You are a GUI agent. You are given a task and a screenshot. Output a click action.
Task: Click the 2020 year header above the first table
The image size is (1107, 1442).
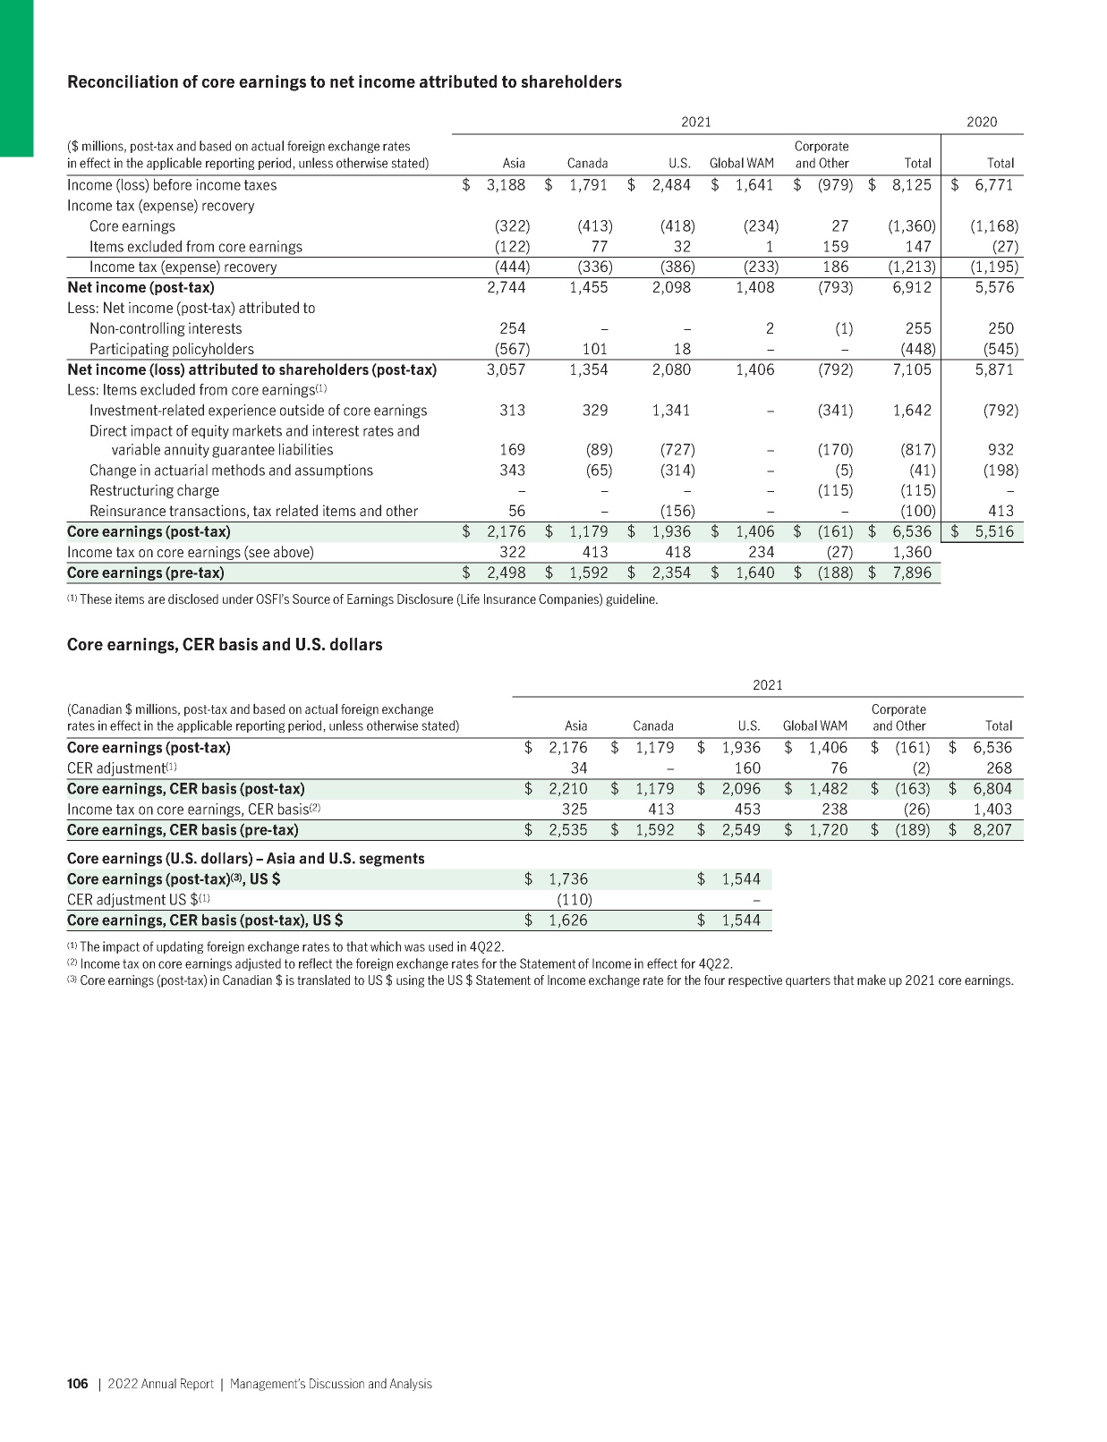[x=982, y=122]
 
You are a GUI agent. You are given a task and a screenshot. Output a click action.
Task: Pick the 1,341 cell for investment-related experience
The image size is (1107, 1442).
[x=671, y=411]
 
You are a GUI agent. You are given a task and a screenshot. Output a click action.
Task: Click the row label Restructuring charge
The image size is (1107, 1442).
[x=154, y=490]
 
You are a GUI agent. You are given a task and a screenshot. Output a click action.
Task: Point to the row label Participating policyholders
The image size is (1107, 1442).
[x=171, y=349]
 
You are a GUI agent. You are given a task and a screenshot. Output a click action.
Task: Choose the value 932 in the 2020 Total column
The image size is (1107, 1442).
[x=1001, y=450]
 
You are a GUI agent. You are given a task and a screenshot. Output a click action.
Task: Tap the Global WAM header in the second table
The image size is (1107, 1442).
[x=814, y=726]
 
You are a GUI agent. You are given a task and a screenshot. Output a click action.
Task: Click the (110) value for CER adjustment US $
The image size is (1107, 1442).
[x=574, y=899]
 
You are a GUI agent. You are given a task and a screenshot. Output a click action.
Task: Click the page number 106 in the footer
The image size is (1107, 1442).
[x=78, y=1384]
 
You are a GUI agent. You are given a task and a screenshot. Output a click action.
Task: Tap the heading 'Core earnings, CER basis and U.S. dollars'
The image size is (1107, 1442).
[x=225, y=645]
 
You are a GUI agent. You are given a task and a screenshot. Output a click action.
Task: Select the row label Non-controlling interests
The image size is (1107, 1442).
[x=165, y=328]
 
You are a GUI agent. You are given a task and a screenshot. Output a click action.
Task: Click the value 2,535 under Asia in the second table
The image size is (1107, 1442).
[x=567, y=829]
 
